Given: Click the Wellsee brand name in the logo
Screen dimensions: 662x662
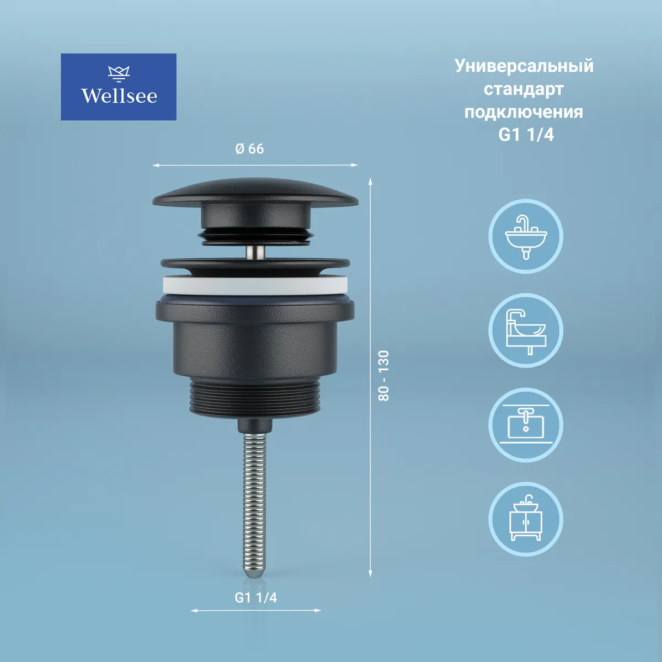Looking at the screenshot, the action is [119, 96].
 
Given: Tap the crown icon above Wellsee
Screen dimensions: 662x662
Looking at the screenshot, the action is [119, 74].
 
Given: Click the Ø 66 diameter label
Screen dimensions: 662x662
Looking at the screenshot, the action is [250, 149].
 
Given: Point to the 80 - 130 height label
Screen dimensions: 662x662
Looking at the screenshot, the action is [383, 376].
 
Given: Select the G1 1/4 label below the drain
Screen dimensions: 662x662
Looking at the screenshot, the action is [255, 598].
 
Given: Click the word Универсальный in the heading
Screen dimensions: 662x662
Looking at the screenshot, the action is [524, 66].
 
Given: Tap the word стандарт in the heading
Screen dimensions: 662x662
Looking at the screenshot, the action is [524, 89].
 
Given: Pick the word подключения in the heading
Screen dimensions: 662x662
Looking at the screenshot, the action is [524, 112].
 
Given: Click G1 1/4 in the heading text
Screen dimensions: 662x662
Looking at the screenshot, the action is [526, 135].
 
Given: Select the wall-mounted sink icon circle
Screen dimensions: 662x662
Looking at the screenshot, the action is [526, 236].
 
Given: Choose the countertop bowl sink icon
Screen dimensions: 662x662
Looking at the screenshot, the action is [526, 330].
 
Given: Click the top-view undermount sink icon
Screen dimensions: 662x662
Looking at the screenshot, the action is [526, 425].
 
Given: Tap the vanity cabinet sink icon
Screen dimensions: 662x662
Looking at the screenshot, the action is [526, 519].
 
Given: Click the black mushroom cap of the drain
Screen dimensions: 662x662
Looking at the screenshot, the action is [255, 193].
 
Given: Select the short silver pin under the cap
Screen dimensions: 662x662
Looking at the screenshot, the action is [255, 252].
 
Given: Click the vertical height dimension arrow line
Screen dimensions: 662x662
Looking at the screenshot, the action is [370, 377].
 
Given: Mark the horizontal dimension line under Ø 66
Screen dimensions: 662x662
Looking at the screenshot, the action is [255, 165].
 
